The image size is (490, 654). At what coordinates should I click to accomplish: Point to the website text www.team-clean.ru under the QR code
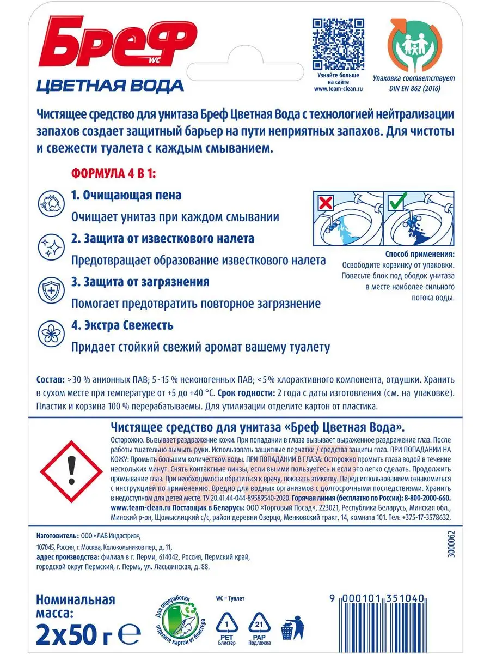click(x=338, y=88)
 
